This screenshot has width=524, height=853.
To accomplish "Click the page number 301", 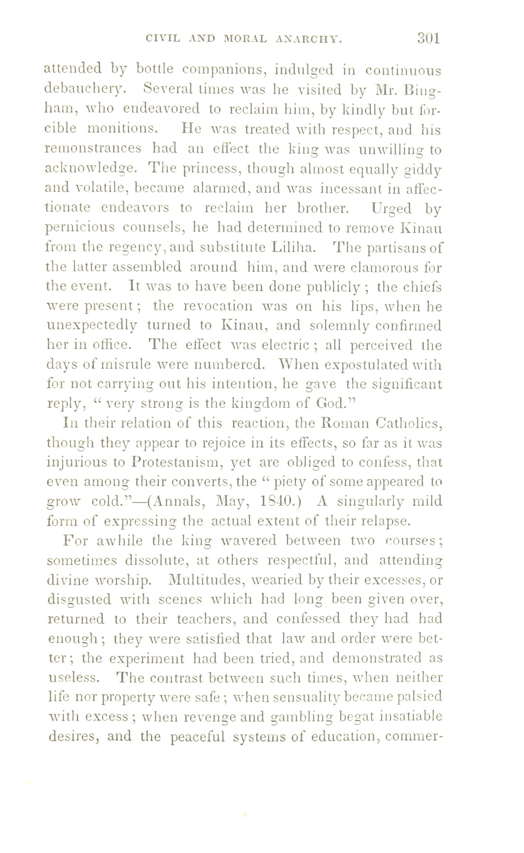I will [x=428, y=38].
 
